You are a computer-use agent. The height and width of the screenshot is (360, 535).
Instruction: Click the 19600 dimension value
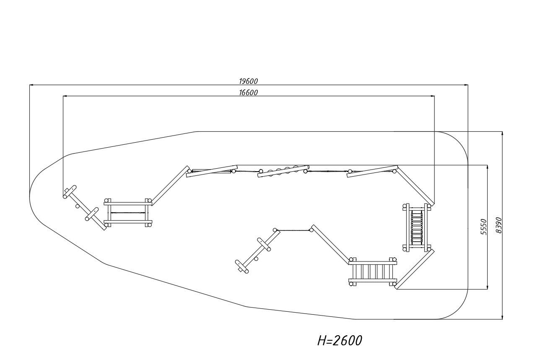point(248,81)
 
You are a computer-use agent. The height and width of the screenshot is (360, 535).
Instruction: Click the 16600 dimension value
point(248,93)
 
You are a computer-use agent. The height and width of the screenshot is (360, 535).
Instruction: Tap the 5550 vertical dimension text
point(483,227)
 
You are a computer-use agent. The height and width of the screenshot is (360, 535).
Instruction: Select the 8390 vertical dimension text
point(499,225)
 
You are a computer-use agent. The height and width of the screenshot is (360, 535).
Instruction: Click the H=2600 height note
point(340,341)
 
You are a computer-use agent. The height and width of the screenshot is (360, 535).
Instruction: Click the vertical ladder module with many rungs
point(416,227)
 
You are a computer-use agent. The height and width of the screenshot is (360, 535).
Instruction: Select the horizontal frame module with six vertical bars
point(373,272)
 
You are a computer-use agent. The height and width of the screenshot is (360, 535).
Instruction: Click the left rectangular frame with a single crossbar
point(128,213)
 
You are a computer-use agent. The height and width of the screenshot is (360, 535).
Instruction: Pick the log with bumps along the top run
point(283,171)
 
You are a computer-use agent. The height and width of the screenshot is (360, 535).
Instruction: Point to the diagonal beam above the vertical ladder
point(415,185)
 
